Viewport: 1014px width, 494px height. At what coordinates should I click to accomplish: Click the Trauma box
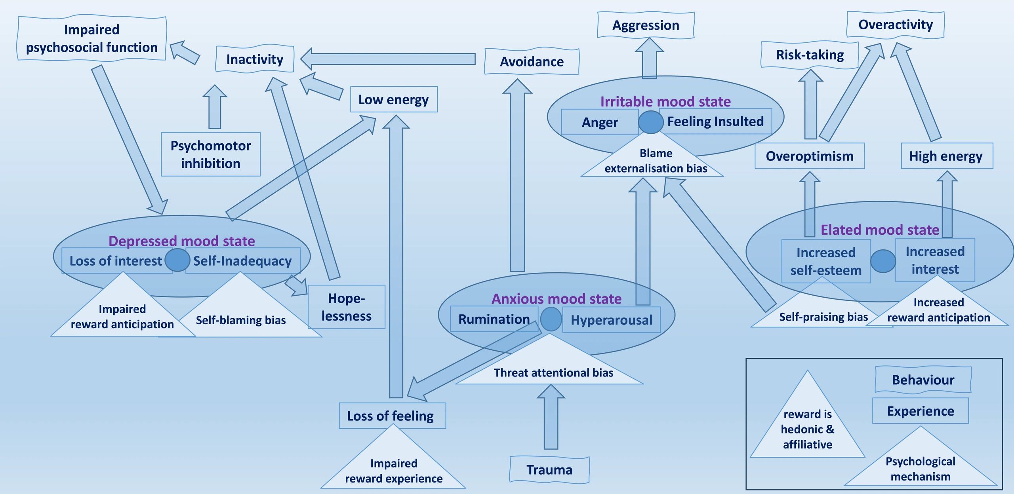(x=549, y=470)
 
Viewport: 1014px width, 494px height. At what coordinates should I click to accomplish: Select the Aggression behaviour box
(x=646, y=25)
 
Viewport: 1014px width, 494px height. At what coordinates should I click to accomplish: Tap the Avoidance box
(x=532, y=61)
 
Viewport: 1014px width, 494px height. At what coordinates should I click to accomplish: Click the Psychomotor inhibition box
(x=211, y=154)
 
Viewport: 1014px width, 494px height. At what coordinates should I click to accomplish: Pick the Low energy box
(x=393, y=99)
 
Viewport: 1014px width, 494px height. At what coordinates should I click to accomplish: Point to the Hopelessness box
(x=347, y=307)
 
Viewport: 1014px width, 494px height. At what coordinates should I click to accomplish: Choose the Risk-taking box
(x=810, y=55)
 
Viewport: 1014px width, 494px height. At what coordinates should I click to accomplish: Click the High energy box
(x=947, y=156)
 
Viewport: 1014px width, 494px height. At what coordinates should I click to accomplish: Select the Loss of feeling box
(x=392, y=416)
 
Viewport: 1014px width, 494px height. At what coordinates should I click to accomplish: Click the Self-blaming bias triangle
(x=241, y=317)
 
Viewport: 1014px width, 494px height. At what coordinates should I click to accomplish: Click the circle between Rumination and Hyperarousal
(x=551, y=319)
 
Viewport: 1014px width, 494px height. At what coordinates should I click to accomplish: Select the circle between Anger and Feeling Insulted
(x=650, y=122)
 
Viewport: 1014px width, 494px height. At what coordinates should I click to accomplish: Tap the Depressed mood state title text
(x=181, y=241)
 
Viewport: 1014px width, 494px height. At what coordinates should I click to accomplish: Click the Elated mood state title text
(x=879, y=230)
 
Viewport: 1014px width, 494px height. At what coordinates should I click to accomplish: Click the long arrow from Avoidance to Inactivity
(x=388, y=59)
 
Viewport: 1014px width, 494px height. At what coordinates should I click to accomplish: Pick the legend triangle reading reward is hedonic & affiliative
(x=807, y=427)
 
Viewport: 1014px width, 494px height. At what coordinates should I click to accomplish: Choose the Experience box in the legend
(x=921, y=411)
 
